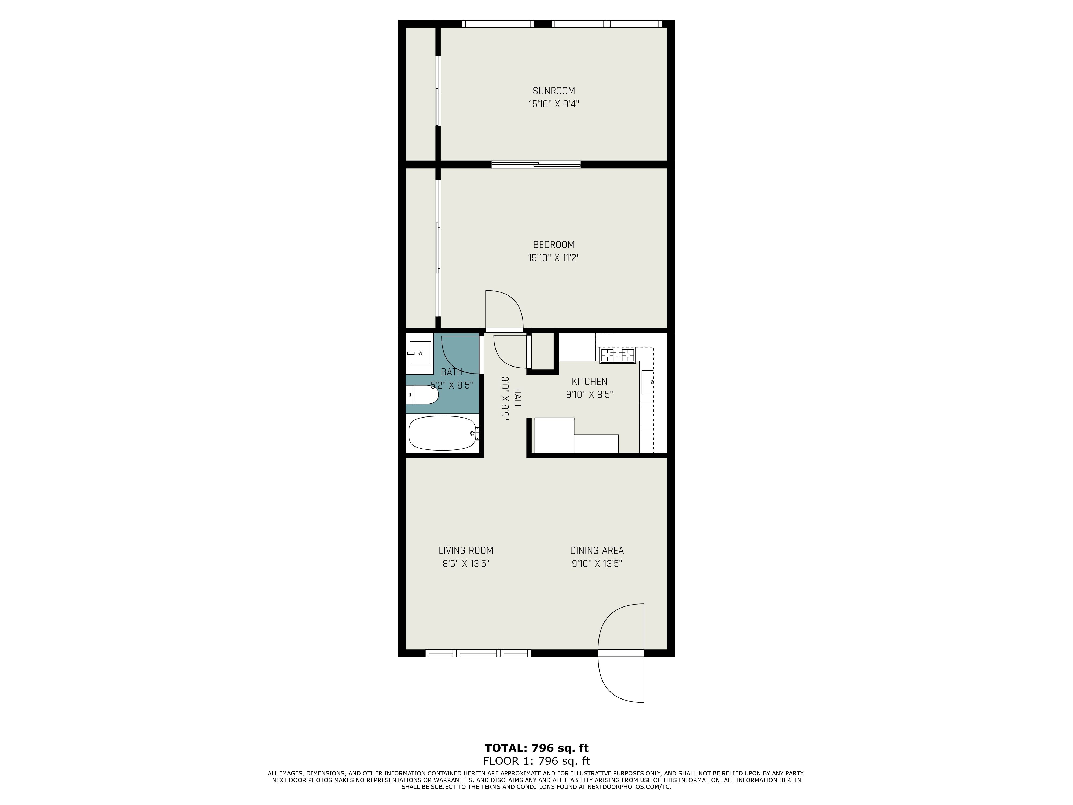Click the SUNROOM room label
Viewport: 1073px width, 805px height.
tap(553, 91)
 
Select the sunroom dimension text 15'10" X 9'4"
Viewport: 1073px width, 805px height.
tap(553, 104)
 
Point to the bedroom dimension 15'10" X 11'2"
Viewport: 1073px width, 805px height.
tap(553, 258)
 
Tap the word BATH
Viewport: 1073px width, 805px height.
tap(452, 372)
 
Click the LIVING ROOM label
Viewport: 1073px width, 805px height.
tap(466, 550)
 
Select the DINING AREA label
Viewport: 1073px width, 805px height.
tap(597, 550)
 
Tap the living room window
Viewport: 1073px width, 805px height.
tap(478, 653)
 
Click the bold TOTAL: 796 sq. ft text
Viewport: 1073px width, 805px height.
tap(536, 748)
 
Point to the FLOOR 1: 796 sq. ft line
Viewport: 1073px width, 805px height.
tap(536, 761)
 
